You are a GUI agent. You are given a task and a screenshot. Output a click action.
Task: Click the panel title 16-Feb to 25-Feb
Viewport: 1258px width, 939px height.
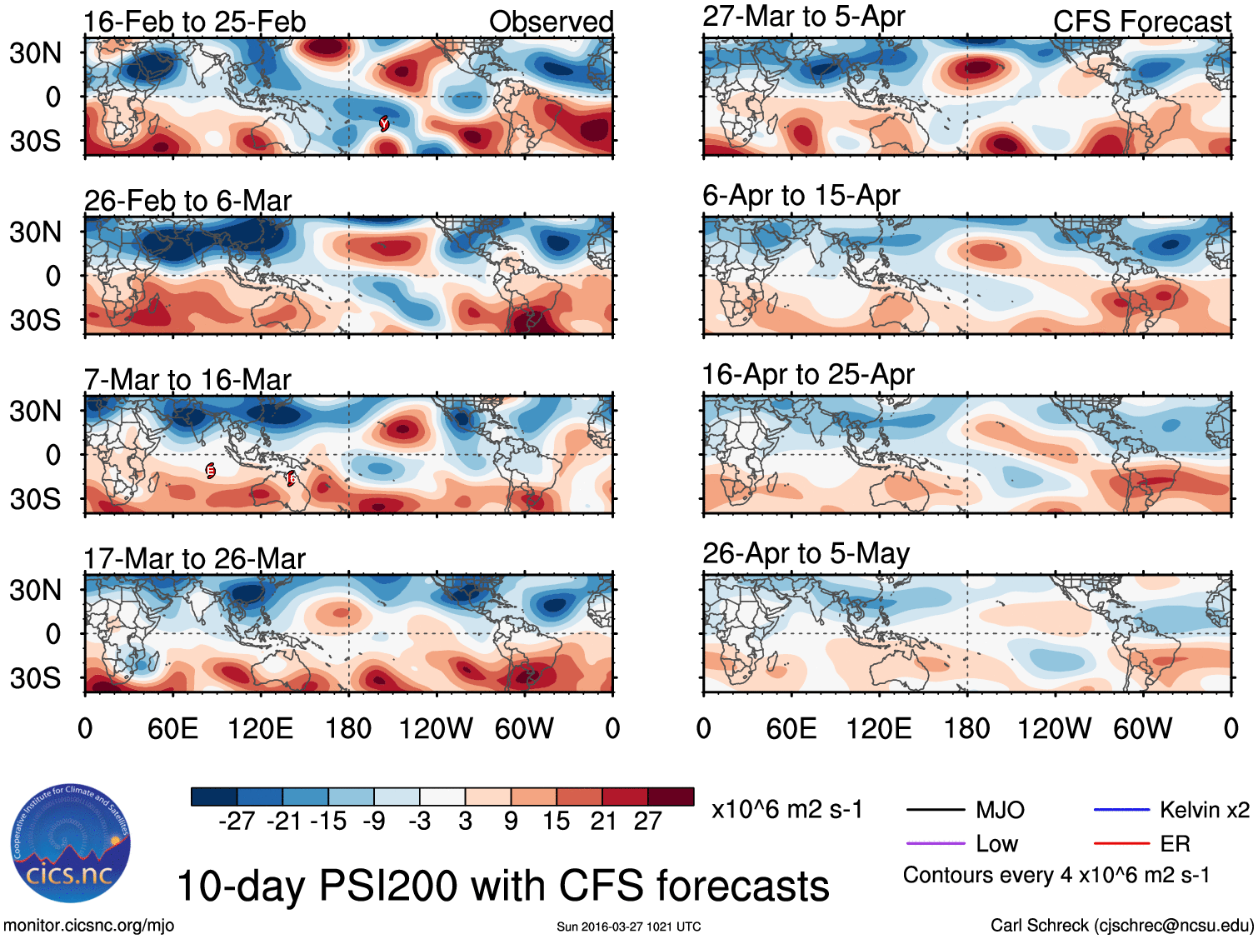[194, 22]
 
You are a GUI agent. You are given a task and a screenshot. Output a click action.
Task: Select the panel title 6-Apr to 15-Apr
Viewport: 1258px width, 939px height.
[801, 196]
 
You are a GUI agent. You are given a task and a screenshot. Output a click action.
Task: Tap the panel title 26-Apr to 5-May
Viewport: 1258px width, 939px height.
[806, 554]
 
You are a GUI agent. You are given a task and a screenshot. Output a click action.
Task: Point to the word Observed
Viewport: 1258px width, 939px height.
[551, 22]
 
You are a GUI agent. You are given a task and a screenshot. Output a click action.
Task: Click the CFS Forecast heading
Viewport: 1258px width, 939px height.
[1141, 22]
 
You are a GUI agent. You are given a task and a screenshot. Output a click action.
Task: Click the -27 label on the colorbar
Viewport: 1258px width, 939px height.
[237, 822]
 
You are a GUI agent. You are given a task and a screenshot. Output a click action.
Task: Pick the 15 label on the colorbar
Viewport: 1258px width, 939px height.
[556, 822]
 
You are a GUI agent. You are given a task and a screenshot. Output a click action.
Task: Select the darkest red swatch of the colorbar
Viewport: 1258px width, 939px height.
[671, 797]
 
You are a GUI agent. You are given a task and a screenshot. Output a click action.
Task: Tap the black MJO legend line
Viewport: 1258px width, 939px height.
[935, 810]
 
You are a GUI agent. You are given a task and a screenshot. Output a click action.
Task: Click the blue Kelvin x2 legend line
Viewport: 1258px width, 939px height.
[1121, 810]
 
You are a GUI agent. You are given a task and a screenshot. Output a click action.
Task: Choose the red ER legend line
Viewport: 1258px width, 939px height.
[1121, 844]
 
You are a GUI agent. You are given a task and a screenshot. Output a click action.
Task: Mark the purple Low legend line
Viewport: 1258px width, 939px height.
[935, 844]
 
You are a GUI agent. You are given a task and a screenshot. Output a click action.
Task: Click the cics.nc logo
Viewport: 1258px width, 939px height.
[70, 843]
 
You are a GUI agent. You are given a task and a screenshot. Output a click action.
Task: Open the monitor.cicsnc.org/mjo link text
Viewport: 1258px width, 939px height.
[88, 926]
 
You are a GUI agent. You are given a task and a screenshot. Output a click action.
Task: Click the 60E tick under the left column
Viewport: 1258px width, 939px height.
[172, 729]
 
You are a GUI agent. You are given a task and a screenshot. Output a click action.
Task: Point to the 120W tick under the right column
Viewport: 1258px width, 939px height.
[1054, 729]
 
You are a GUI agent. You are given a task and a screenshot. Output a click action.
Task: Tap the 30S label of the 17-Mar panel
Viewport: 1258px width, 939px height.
[35, 678]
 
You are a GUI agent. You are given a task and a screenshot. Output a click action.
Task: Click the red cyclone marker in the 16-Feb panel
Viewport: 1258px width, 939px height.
[384, 123]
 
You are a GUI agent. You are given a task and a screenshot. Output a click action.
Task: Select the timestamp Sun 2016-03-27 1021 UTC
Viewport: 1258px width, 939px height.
[629, 927]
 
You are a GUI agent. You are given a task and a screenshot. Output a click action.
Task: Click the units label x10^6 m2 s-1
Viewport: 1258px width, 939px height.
[786, 810]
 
